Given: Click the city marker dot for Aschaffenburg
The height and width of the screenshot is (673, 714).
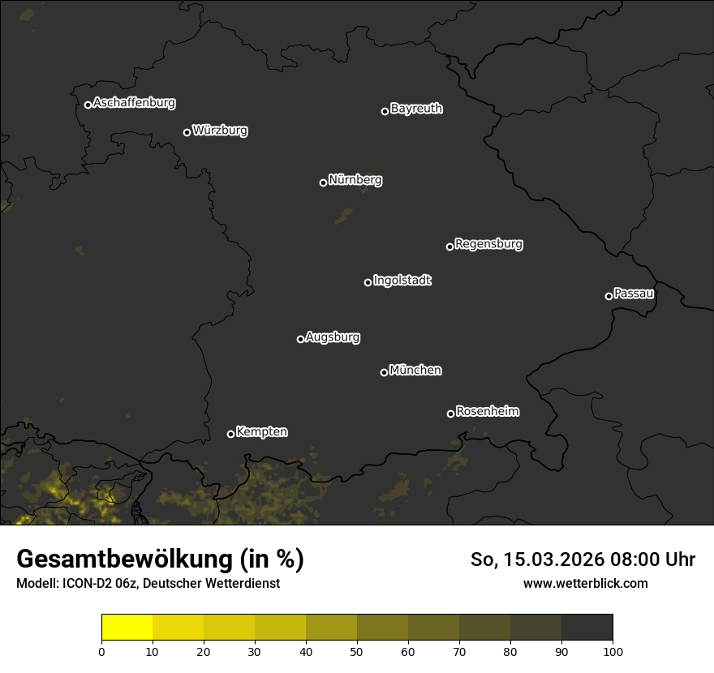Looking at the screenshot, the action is coord(88,105).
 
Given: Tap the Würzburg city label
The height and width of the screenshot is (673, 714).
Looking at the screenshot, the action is coord(220,130).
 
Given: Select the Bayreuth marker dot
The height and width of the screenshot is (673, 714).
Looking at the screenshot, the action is coord(385,111).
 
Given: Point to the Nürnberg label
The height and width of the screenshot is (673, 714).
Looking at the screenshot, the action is coord(355,180).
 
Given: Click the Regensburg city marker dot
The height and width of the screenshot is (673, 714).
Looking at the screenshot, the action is coord(449,246).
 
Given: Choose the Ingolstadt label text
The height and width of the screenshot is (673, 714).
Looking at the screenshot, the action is coord(402,281).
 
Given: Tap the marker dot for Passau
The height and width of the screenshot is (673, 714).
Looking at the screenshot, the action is coord(609,296).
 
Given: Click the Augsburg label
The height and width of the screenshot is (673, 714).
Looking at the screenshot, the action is coord(333,337).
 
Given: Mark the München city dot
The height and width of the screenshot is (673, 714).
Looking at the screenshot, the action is coord(384,372).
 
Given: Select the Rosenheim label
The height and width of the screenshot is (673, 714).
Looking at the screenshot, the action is coord(487,411).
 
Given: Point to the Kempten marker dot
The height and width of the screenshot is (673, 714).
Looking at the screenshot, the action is coord(230,434).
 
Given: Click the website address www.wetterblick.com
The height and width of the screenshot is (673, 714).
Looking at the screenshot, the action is coord(585,583).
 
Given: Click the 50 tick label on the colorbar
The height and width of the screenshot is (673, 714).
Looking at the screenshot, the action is coord(357,650).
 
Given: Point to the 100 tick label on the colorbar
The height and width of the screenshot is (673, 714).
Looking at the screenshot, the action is coord(613,650).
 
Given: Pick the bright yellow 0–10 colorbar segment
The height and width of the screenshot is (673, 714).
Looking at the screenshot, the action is coord(127,628).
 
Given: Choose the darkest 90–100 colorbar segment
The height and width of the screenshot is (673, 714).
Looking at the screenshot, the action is coord(587,628).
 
